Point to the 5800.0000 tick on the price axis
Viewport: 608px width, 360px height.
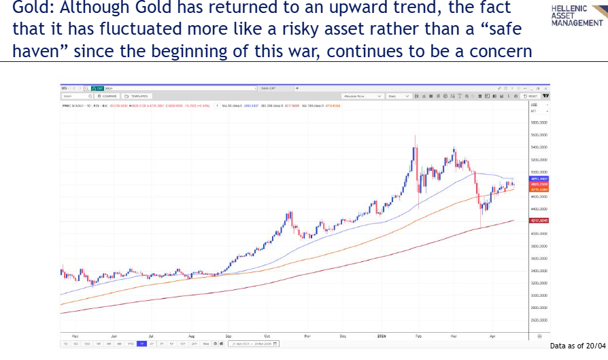point(539,123)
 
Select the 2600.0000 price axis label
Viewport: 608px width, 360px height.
point(539,320)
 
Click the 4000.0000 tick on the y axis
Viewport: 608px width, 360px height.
point(539,233)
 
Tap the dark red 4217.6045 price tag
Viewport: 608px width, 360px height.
point(539,220)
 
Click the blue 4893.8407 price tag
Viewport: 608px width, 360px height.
point(539,178)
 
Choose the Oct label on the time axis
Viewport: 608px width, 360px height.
point(267,336)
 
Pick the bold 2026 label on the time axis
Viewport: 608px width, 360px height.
point(382,336)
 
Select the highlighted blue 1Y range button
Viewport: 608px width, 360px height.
point(141,344)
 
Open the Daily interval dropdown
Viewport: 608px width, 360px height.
point(398,97)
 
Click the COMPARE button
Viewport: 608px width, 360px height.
point(108,97)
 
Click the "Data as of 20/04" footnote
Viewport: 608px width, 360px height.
point(577,346)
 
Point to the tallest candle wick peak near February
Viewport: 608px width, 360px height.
point(415,135)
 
